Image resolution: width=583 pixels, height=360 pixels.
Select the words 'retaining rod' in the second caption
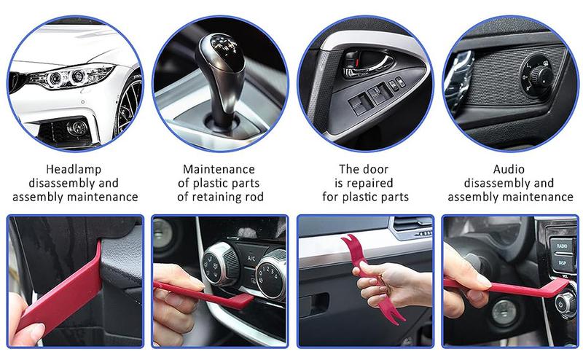(232, 197)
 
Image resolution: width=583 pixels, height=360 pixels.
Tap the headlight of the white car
(76, 75)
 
